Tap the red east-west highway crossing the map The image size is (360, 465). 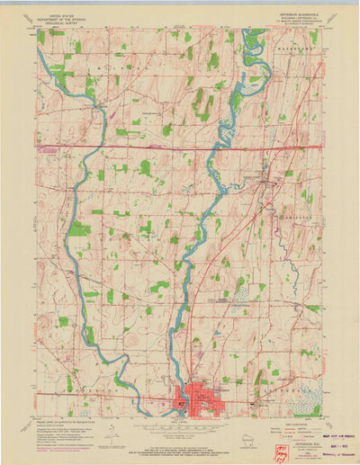180,145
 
